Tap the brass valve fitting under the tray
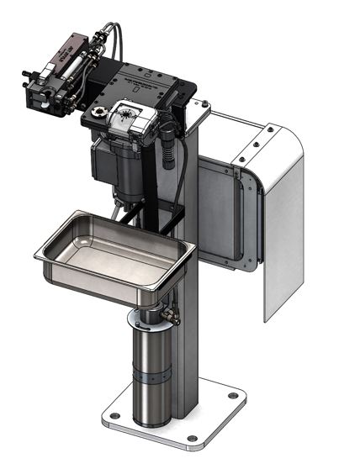[173, 317]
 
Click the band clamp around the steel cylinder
[151, 379]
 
